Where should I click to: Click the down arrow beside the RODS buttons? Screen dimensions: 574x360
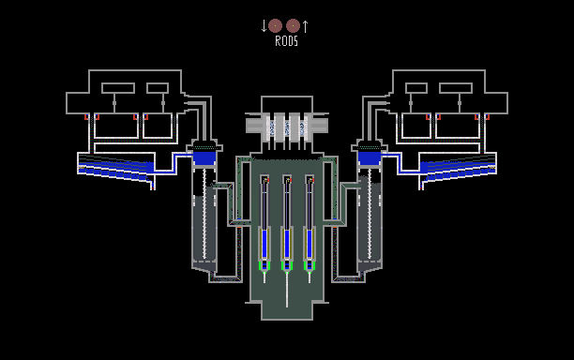264,26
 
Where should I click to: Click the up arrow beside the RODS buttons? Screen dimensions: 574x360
306,26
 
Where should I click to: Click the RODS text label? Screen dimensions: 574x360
286,41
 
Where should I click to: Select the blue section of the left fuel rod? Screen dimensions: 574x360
264,244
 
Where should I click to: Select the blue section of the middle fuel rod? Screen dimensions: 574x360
287,244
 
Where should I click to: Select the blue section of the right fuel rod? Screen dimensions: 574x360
310,244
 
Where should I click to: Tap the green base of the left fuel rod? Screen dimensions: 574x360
264,266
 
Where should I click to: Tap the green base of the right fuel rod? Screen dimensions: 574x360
310,266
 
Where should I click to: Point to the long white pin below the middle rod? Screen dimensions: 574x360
287,289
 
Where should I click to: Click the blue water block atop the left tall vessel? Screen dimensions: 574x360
204,158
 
